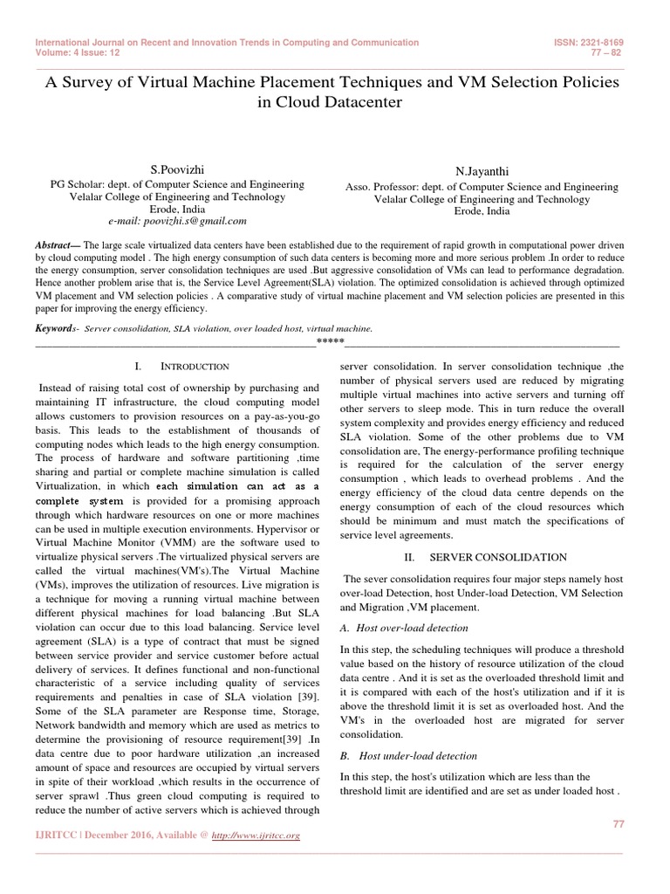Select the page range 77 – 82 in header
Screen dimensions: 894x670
point(608,52)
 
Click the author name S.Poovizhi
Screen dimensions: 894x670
point(177,168)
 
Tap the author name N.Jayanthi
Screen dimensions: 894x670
point(482,172)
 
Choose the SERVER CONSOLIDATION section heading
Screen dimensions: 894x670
point(498,557)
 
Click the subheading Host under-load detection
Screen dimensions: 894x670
point(414,755)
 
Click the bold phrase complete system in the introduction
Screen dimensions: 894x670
point(79,502)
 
